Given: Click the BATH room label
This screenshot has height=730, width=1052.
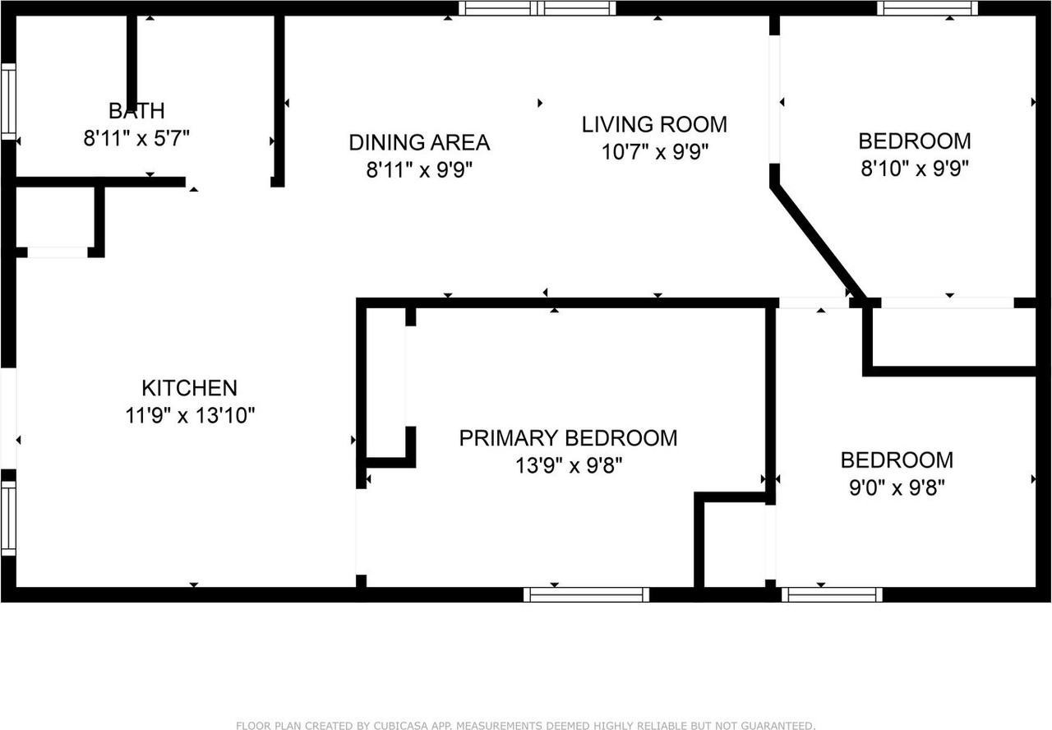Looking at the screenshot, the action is (x=136, y=111).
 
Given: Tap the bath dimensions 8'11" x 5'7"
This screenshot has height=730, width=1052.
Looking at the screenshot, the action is (x=136, y=138).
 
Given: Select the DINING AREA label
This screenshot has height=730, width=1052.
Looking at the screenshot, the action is (x=419, y=142).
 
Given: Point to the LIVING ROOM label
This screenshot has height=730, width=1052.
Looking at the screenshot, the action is (x=655, y=124).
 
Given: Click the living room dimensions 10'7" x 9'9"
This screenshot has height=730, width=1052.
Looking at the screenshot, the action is (x=655, y=152).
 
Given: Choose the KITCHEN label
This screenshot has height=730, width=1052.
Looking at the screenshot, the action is (x=190, y=388).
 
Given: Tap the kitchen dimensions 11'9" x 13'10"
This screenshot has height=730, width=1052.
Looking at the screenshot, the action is (x=190, y=415).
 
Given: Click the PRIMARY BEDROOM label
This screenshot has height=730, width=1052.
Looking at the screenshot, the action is (x=568, y=438).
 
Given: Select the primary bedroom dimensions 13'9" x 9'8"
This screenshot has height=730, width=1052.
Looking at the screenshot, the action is (x=568, y=465).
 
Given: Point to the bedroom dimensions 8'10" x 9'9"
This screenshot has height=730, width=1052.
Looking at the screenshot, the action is (x=915, y=169).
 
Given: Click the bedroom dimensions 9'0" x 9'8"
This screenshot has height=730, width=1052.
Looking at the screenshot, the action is (x=897, y=487).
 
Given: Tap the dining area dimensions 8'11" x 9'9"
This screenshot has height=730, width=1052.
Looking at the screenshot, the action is (x=419, y=169).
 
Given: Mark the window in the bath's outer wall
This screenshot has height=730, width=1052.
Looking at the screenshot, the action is (x=8, y=101).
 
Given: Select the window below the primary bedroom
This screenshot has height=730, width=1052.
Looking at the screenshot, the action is (x=586, y=594).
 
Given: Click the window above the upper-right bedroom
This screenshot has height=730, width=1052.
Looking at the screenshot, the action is (x=928, y=8).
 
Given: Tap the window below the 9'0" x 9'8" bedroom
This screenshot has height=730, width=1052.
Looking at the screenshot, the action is (x=832, y=594).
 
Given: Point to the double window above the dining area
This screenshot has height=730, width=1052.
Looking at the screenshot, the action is (x=538, y=8).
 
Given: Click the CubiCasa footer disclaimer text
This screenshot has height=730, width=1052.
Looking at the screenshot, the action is (x=525, y=725).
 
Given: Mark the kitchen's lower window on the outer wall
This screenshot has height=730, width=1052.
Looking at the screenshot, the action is (x=8, y=518).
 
